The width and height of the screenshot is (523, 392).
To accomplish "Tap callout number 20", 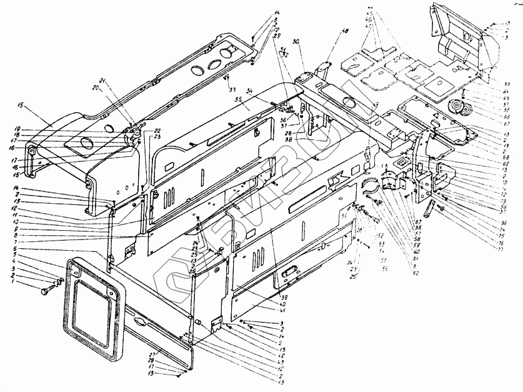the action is coord(96,89).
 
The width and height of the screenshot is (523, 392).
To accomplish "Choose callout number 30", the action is coord(294,41).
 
